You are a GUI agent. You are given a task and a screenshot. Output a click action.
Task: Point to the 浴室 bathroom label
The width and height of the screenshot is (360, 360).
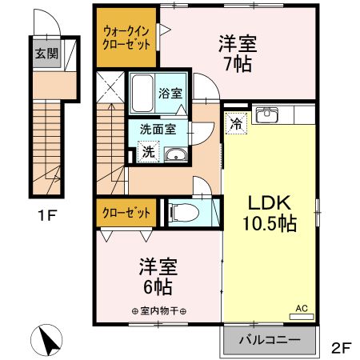point(170,93)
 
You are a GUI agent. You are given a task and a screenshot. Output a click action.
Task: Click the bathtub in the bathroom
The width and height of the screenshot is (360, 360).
point(144,93)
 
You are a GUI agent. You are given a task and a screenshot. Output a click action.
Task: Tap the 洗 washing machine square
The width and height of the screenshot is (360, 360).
point(149,150)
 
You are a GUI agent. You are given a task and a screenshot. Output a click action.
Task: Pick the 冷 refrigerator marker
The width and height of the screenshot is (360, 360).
point(236,123)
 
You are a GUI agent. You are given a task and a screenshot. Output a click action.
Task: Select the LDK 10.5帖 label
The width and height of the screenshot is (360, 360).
point(270,212)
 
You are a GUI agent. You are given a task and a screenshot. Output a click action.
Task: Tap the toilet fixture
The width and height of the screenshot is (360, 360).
point(182,212)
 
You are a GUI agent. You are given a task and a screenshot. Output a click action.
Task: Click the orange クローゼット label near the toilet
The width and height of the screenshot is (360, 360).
point(126,213)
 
